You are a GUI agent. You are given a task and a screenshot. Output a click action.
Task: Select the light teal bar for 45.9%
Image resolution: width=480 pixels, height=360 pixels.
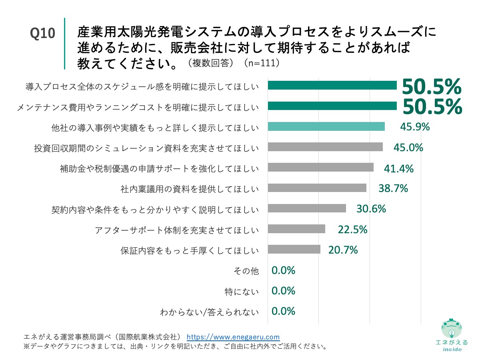click(326, 127)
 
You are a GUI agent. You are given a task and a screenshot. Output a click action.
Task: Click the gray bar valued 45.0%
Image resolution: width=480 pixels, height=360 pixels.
click(325, 147)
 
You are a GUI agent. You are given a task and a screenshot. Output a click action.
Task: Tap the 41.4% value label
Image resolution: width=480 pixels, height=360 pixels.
click(398, 168)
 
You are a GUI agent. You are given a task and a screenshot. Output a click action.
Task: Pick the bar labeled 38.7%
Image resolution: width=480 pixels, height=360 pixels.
click(317, 188)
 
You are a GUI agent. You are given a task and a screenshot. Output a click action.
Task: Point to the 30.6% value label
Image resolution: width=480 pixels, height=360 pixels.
click(371, 208)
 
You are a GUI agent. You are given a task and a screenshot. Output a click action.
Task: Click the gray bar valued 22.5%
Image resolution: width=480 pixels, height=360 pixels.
click(296, 229)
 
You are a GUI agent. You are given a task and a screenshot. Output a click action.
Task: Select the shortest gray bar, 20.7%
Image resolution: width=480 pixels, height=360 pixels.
click(294, 250)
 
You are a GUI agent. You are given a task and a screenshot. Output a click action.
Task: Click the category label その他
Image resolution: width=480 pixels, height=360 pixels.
click(246, 271)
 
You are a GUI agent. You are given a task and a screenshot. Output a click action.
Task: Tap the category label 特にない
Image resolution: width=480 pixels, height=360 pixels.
click(242, 292)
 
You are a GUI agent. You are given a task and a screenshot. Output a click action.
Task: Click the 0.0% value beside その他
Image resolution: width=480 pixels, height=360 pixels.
click(283, 270)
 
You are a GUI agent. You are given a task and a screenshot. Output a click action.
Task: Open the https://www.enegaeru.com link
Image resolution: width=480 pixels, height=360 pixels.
click(233, 337)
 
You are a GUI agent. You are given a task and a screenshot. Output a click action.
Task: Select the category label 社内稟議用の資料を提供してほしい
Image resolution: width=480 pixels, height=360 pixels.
click(190, 188)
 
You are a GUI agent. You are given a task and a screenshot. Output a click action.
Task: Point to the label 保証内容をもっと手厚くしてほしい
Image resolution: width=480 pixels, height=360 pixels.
click(190, 251)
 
